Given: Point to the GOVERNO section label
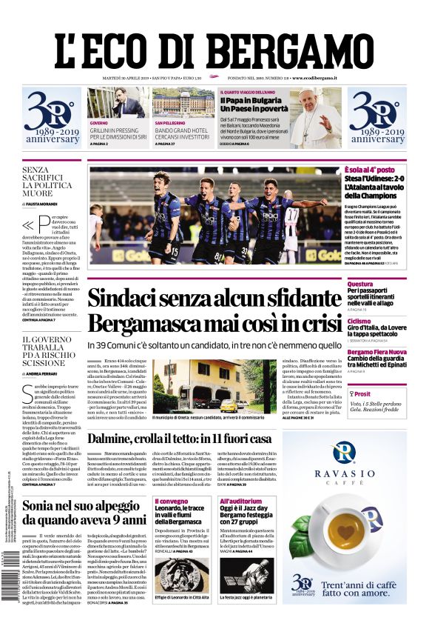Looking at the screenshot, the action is pyautogui.click(x=98, y=122).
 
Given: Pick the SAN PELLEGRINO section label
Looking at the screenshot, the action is pyautogui.click(x=170, y=122).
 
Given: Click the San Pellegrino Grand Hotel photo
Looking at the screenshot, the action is pyautogui.click(x=183, y=103).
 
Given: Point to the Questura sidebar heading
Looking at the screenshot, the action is pyautogui.click(x=360, y=284).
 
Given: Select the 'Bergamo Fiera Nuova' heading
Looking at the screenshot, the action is pyautogui.click(x=377, y=352).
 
